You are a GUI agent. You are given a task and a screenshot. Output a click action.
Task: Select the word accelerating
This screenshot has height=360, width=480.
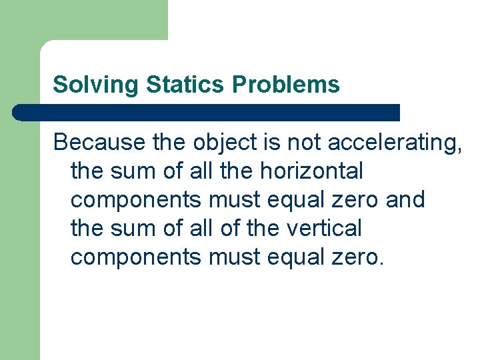(x=395, y=142)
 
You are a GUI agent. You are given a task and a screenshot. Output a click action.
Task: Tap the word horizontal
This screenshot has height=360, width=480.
(x=311, y=171)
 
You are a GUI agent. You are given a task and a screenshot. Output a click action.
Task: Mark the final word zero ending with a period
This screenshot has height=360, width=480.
(x=356, y=257)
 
